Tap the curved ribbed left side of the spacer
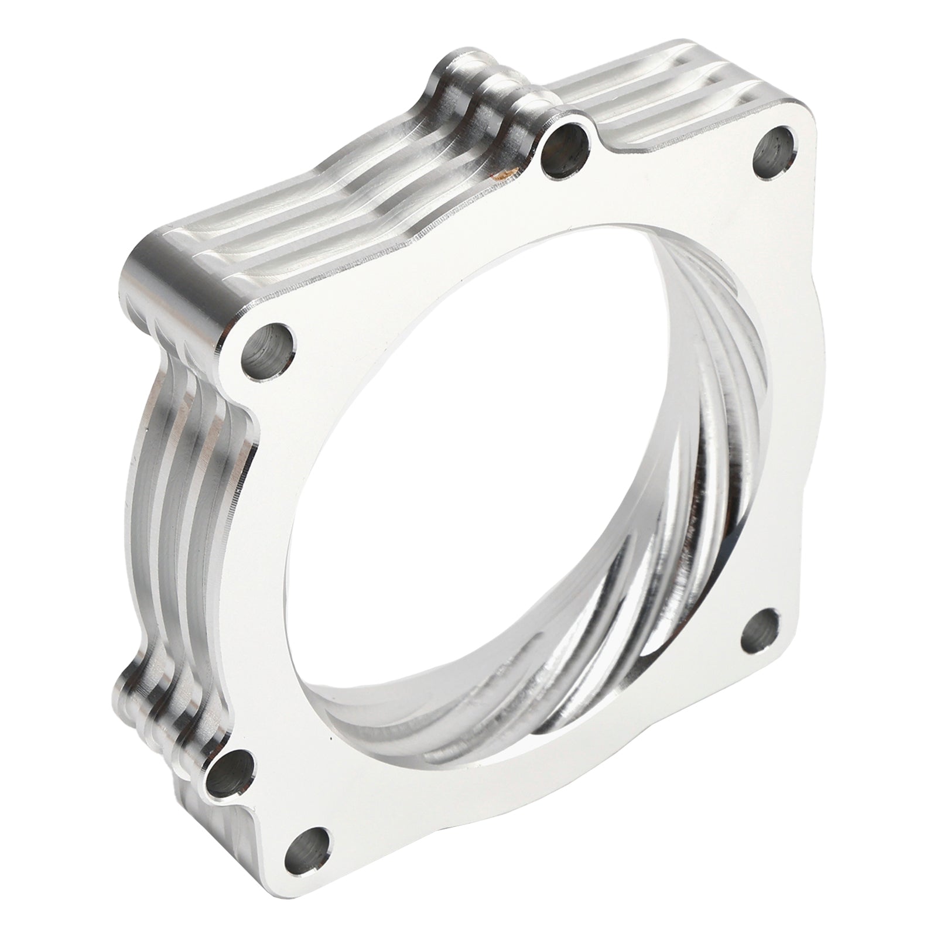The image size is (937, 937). [x=182, y=498]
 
